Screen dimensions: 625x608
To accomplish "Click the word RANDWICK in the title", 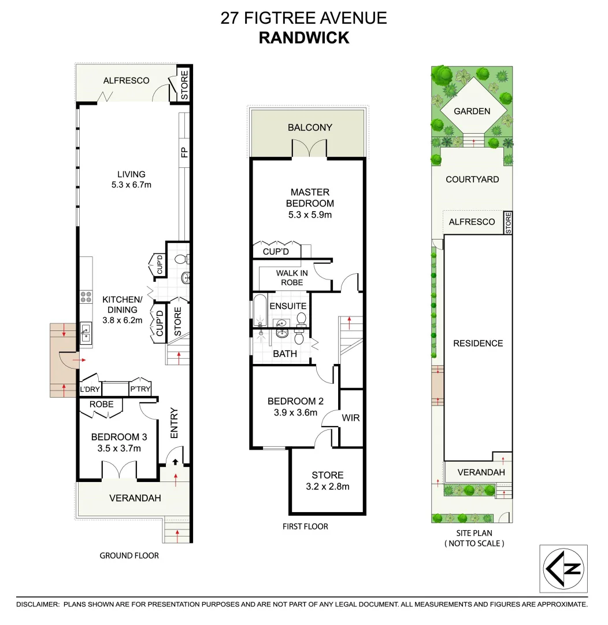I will [303, 38].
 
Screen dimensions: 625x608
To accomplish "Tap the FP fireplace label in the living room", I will [184, 153].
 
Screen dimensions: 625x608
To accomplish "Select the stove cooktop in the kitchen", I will [86, 297].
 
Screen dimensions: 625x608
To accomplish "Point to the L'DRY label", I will [90, 389].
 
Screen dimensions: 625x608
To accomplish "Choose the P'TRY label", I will [140, 389].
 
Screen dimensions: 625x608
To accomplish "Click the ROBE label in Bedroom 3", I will [101, 404].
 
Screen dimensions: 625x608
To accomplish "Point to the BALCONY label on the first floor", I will [310, 127].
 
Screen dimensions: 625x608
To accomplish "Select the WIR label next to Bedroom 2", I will [351, 417].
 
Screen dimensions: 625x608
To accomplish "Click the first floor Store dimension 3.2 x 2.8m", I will [328, 486].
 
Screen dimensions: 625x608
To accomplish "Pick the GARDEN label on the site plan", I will [472, 111].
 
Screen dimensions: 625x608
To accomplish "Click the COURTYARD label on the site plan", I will [472, 179].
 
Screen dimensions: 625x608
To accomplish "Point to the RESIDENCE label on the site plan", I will [477, 343].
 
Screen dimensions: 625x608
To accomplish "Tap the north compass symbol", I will [563, 568].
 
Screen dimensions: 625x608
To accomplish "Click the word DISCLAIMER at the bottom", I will [38, 604].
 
